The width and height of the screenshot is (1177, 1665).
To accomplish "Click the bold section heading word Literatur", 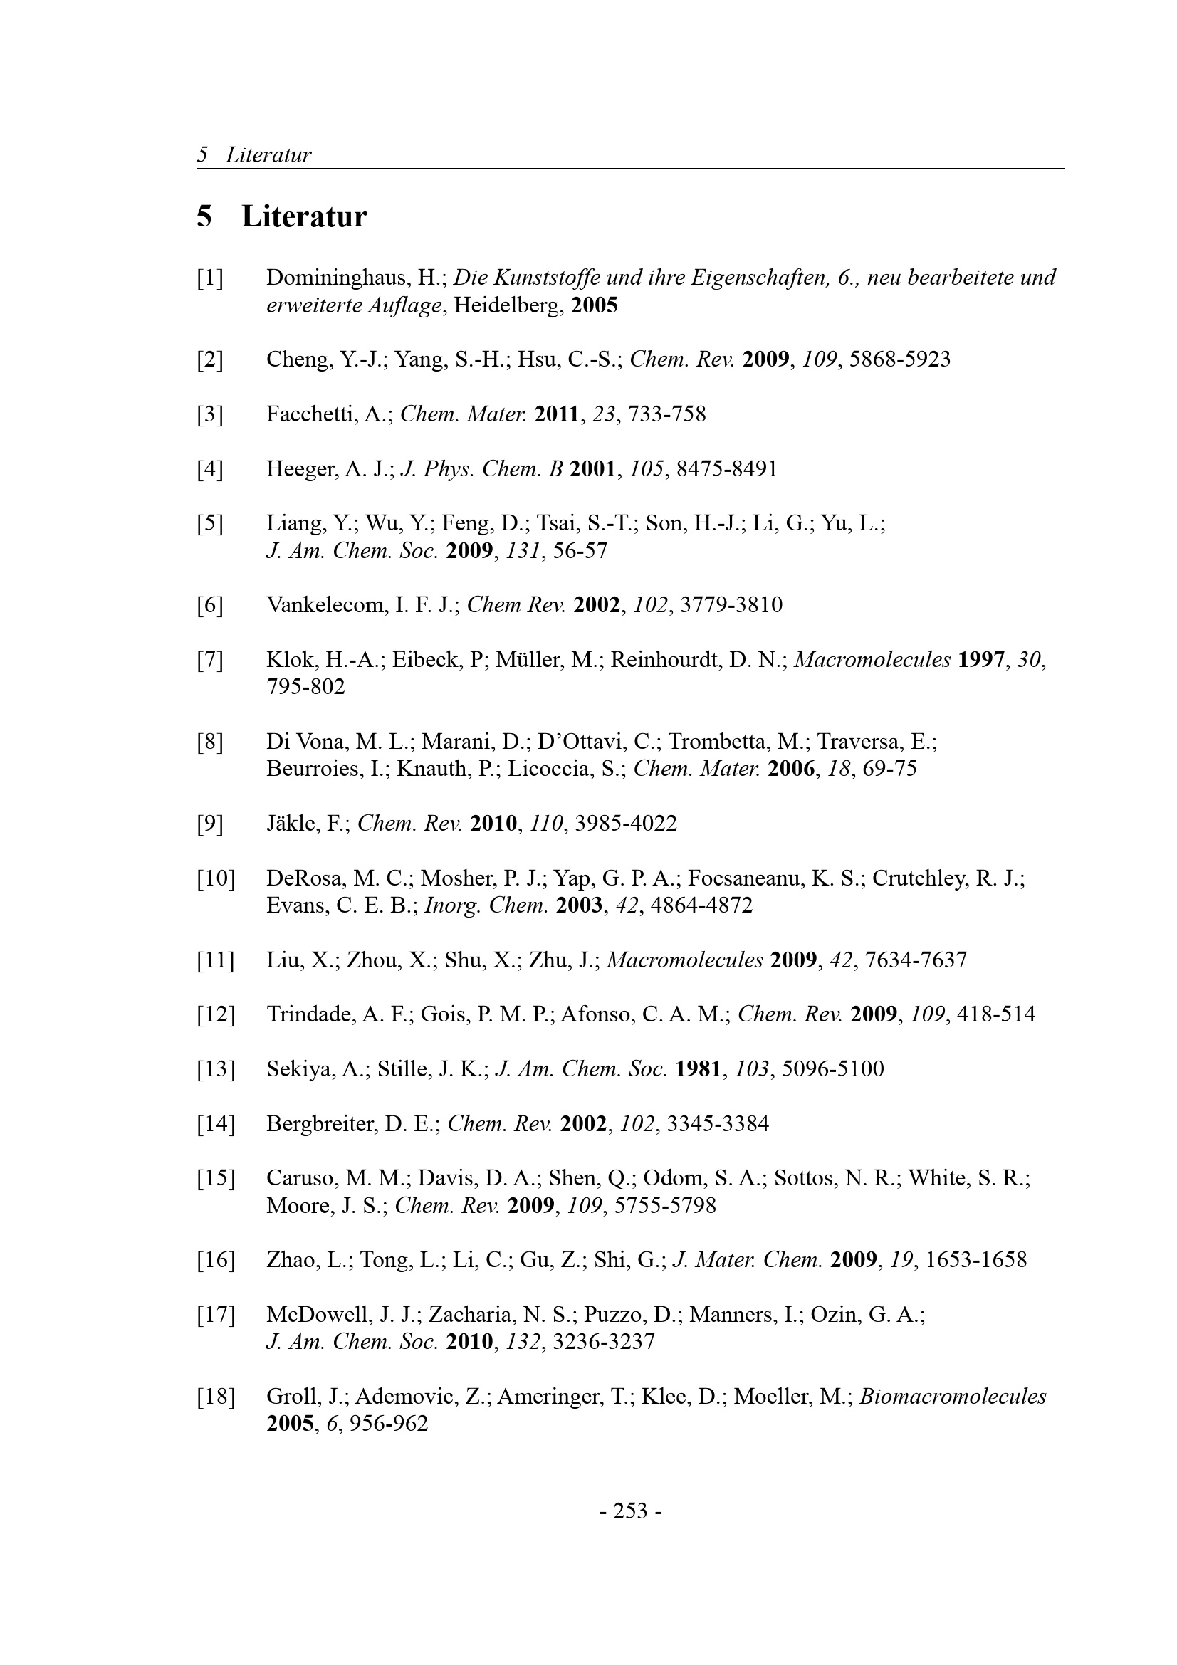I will [x=304, y=217].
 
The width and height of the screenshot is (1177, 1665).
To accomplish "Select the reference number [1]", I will [x=209, y=278].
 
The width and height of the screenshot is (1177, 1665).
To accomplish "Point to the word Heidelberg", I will [x=508, y=305].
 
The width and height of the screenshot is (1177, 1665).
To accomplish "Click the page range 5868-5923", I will [x=899, y=359].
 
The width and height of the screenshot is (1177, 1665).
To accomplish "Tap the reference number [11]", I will [x=215, y=961].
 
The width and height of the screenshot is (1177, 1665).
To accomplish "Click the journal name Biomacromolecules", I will [x=952, y=1397].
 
